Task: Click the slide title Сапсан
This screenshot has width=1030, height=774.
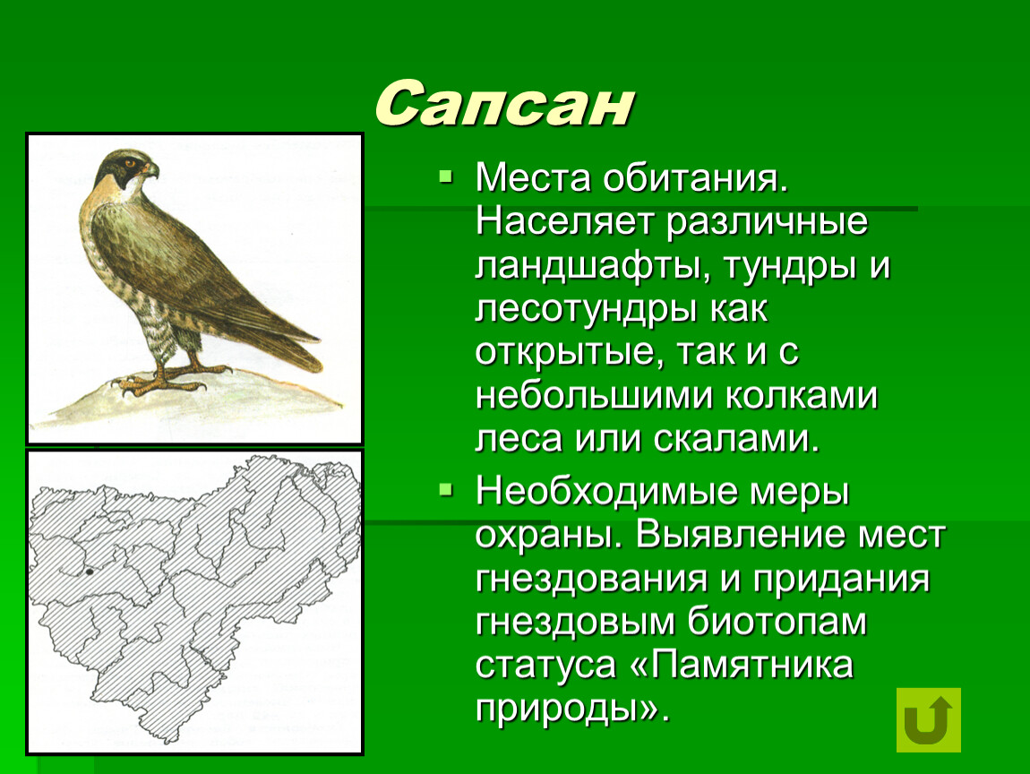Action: [504, 104]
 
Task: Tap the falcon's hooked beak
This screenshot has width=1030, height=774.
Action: [151, 170]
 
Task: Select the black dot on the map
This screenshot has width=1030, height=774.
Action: [89, 572]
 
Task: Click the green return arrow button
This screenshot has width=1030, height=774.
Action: [928, 719]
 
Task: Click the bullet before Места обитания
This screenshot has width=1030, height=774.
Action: [446, 176]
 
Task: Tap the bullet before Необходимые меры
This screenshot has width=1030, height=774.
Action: [446, 489]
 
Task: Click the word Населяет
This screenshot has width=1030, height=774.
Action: [564, 221]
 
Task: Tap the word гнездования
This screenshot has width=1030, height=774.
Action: [592, 580]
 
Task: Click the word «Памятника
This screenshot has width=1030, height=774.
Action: [742, 665]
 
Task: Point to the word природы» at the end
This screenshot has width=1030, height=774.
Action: [572, 709]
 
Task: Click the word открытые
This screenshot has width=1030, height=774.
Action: [565, 353]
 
